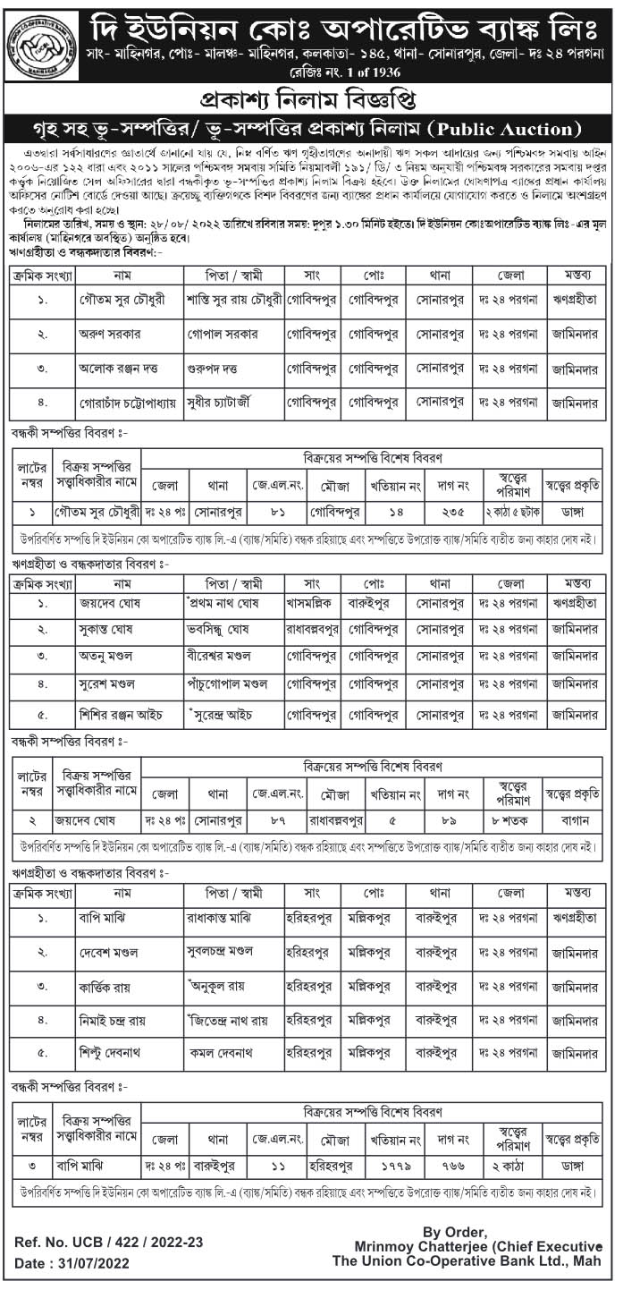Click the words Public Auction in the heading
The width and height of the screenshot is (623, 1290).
pos(501,128)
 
